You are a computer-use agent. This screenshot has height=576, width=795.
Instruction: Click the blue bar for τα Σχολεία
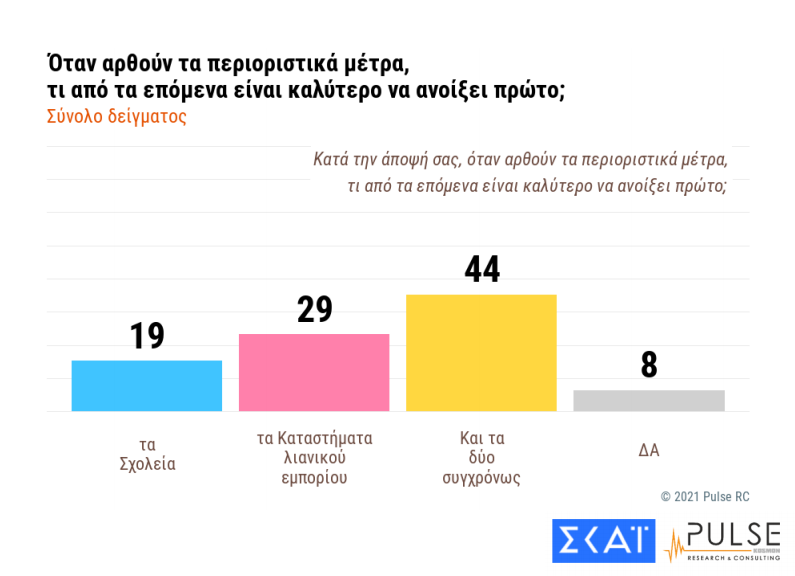pyautogui.click(x=147, y=385)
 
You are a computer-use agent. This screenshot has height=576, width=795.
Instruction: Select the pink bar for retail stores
pyautogui.click(x=314, y=372)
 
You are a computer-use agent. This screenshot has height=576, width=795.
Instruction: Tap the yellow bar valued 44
pyautogui.click(x=481, y=352)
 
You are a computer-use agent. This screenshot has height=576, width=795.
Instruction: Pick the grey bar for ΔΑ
pyautogui.click(x=648, y=400)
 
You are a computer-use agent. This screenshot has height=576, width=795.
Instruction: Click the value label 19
pyautogui.click(x=147, y=336)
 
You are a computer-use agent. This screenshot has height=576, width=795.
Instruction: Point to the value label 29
pyautogui.click(x=314, y=309)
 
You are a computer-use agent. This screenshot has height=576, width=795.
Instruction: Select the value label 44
pyautogui.click(x=481, y=270)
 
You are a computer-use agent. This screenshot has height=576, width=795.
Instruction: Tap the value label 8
pyautogui.click(x=649, y=365)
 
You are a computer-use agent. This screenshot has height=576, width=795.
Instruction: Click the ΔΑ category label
pyautogui.click(x=649, y=450)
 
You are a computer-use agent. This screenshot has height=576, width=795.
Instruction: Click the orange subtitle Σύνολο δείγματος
pyautogui.click(x=117, y=116)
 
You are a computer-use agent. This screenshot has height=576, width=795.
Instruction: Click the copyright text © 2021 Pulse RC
pyautogui.click(x=704, y=497)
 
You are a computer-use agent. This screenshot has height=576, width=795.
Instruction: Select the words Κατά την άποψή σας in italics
pyautogui.click(x=384, y=159)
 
